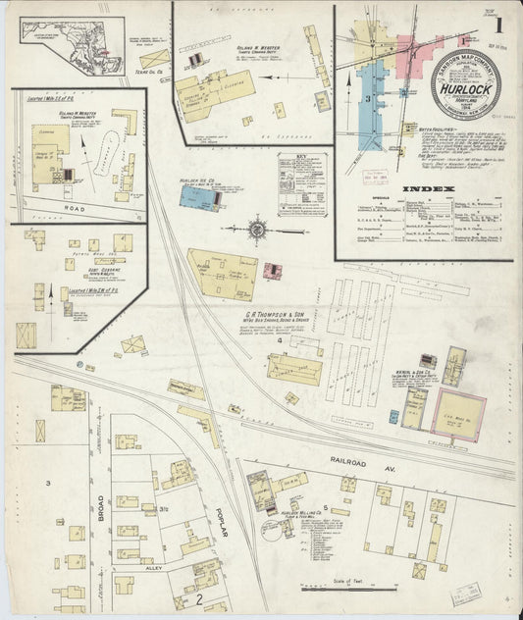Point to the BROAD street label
pos(100,506)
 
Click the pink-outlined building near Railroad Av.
pos(457,413)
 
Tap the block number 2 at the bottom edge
pos(198,597)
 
